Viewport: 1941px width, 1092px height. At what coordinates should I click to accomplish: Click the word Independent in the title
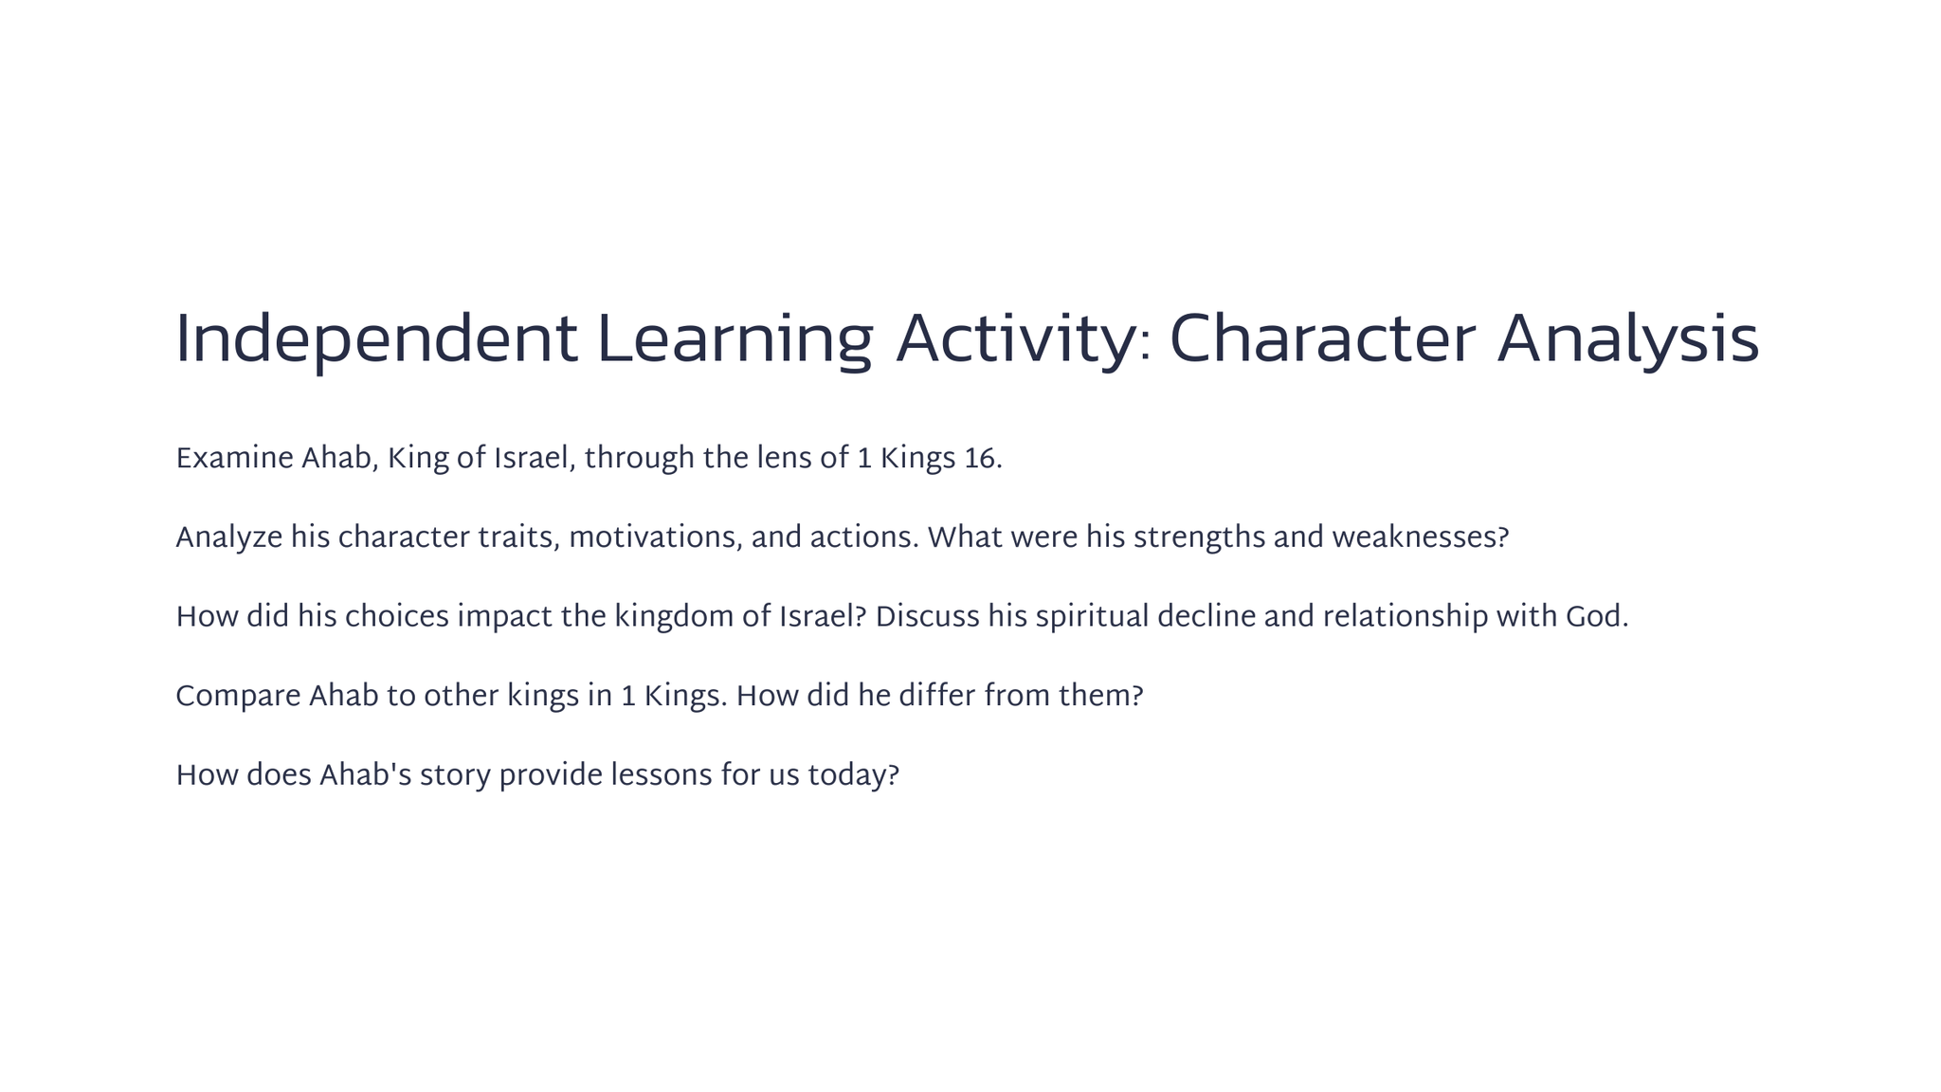click(376, 340)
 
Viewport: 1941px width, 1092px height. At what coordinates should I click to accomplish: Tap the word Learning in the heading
click(735, 340)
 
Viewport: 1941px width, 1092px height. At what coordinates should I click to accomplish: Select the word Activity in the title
click(1015, 340)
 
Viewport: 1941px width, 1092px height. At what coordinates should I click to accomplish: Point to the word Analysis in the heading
click(1628, 340)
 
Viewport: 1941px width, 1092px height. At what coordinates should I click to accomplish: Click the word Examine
click(234, 459)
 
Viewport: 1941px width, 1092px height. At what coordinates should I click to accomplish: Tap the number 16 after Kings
click(979, 459)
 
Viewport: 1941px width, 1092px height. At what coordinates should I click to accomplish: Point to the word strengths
click(1199, 538)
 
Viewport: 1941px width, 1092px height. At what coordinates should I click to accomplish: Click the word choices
click(396, 617)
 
